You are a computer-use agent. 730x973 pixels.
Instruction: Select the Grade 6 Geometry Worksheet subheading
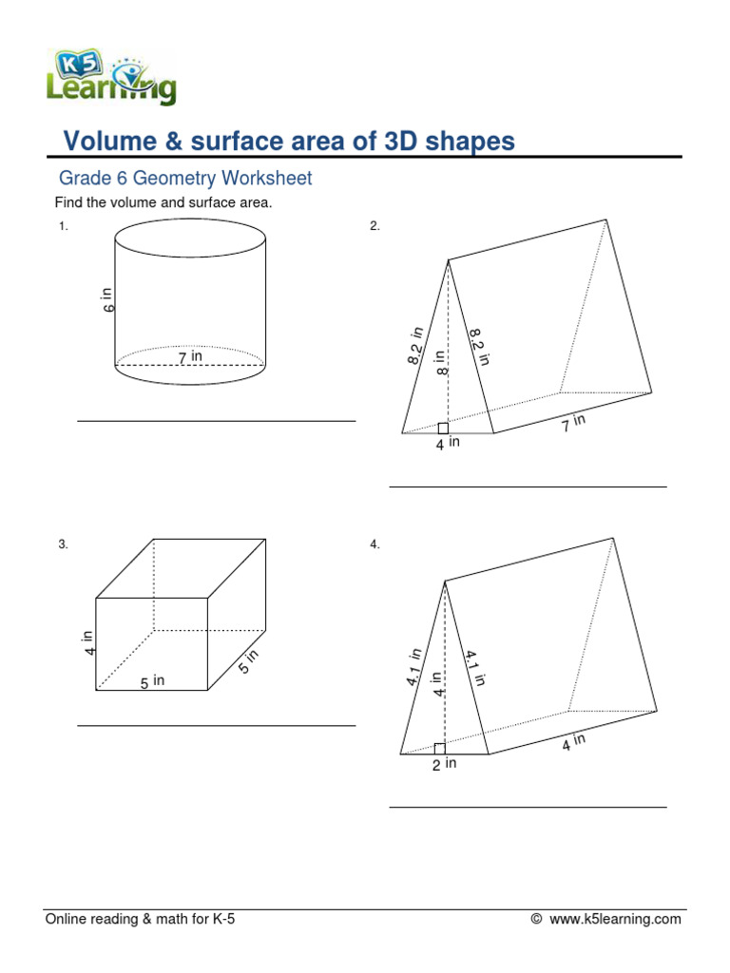185,179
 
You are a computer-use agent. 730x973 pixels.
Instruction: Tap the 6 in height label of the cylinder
108,300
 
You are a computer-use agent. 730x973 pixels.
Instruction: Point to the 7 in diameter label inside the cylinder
191,356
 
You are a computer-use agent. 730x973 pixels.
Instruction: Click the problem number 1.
64,226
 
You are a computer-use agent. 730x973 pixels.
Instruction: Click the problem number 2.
375,226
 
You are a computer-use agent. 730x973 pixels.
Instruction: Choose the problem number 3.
64,544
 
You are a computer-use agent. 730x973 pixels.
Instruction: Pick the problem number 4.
375,544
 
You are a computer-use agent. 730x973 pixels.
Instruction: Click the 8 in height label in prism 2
440,363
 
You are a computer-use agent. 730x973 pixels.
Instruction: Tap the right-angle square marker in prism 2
443,429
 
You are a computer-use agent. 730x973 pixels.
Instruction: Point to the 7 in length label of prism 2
573,423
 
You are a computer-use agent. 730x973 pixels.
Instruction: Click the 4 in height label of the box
89,643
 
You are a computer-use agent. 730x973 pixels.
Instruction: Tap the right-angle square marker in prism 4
439,749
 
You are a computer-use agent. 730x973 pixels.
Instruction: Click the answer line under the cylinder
217,421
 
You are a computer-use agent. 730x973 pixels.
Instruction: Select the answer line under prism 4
528,808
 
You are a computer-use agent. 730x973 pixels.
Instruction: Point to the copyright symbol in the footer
537,919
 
